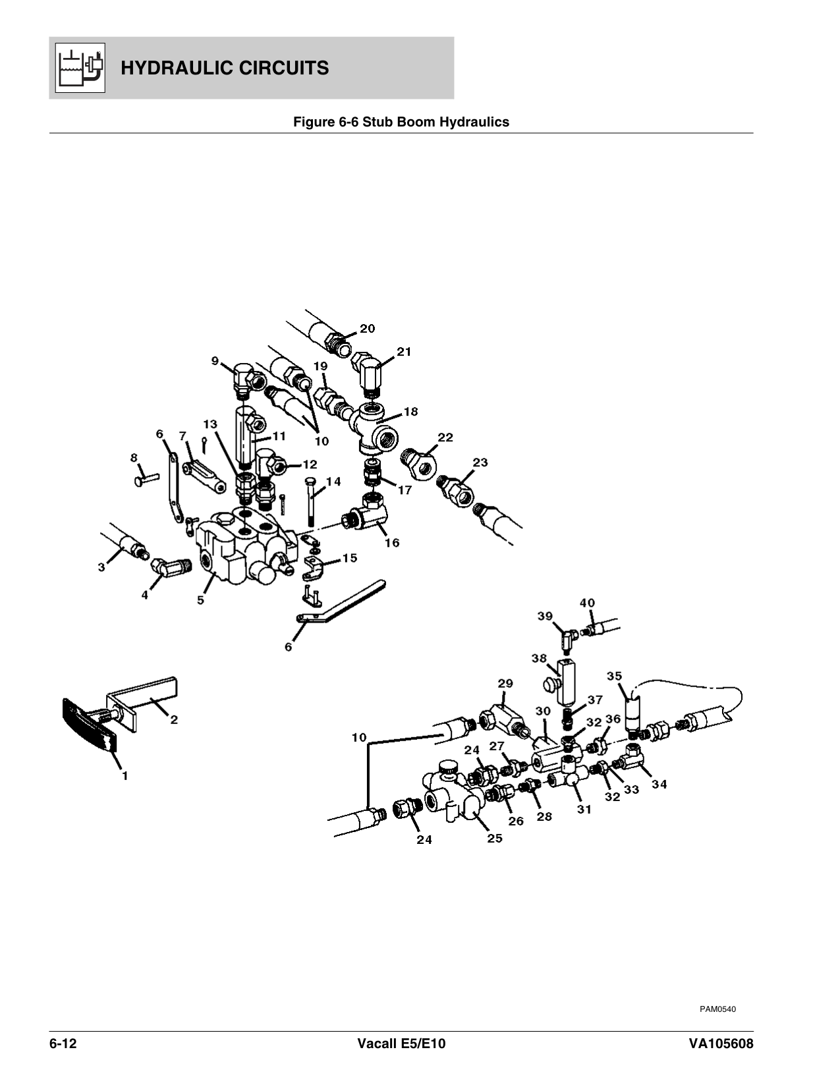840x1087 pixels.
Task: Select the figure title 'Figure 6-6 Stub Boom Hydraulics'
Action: tap(401, 122)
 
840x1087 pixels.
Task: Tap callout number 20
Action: tap(367, 329)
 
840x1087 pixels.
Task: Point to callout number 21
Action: tap(403, 352)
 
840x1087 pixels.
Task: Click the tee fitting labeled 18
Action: tap(378, 428)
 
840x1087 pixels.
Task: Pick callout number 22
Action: tap(445, 437)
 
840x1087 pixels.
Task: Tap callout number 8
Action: tap(134, 457)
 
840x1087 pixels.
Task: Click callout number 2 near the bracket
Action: tap(173, 720)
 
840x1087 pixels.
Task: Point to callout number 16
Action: tap(392, 543)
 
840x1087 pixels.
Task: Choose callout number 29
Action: tap(505, 684)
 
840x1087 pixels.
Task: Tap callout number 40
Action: tap(587, 603)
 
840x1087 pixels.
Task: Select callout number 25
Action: tap(494, 838)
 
